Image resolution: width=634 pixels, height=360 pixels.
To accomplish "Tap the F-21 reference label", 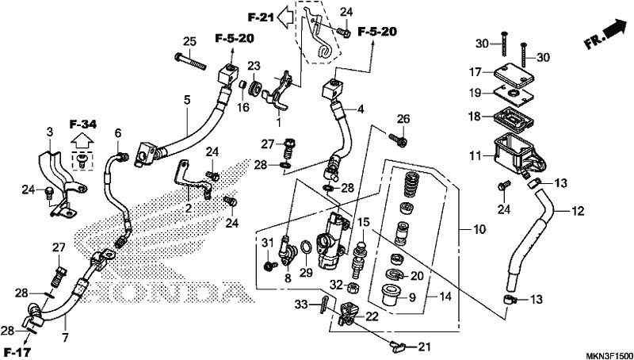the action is coord(262,17).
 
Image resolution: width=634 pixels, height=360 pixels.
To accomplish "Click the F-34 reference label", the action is coord(83,125).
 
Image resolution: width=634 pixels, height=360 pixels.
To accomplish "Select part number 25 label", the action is coord(189,41).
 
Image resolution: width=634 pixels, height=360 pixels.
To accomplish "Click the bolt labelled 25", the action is coord(190,60).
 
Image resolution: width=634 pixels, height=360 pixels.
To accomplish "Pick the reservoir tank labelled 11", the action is coord(518,155).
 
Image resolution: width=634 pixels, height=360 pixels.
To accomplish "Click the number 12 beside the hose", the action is coord(579,211).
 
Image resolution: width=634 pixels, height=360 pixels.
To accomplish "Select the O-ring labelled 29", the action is coord(306,247).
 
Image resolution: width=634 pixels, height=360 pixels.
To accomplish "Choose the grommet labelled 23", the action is coord(255,90).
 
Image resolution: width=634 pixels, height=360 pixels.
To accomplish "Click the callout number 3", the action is coord(49,132).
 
